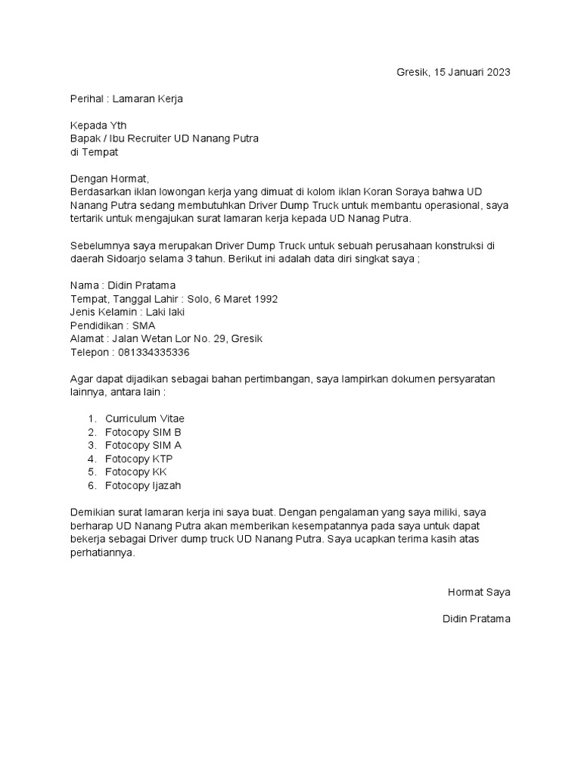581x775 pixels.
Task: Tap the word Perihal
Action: click(86, 98)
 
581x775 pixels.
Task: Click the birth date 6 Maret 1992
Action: click(240, 299)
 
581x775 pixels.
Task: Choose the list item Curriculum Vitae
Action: click(144, 419)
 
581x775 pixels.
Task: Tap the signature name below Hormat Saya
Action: click(476, 619)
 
